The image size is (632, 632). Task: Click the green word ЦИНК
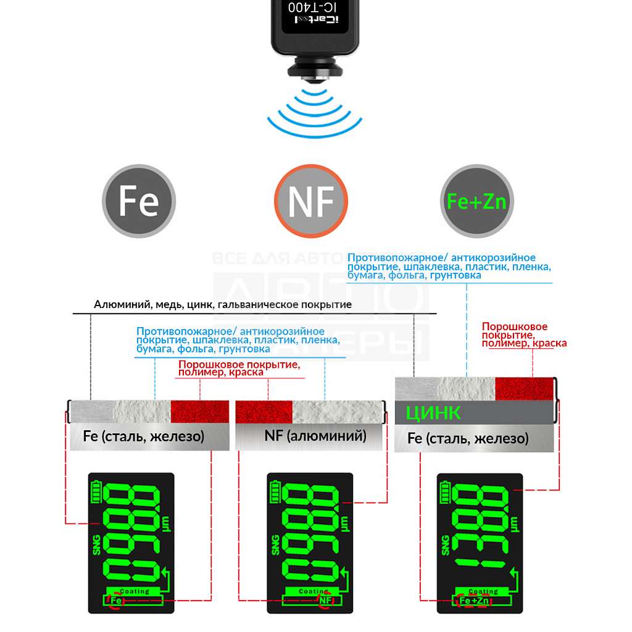(x=433, y=412)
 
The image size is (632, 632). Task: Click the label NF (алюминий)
(x=315, y=436)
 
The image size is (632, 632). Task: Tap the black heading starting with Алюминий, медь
(x=223, y=305)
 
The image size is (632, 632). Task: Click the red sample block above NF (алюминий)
(x=264, y=410)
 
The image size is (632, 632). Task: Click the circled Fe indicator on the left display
(x=115, y=600)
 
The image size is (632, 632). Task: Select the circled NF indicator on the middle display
(x=325, y=600)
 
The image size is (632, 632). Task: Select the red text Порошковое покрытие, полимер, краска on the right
(x=524, y=335)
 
